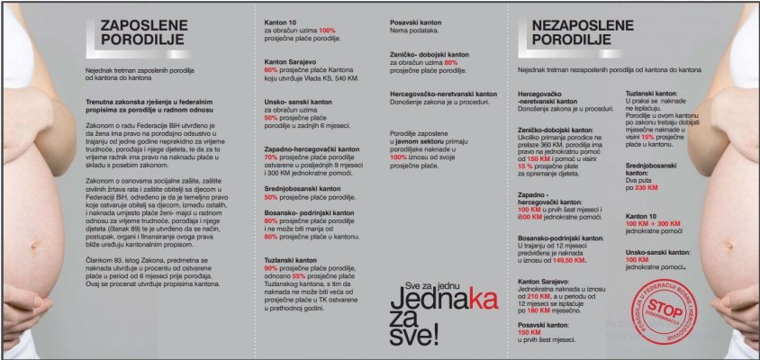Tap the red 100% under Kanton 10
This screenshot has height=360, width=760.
coord(326,31)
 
